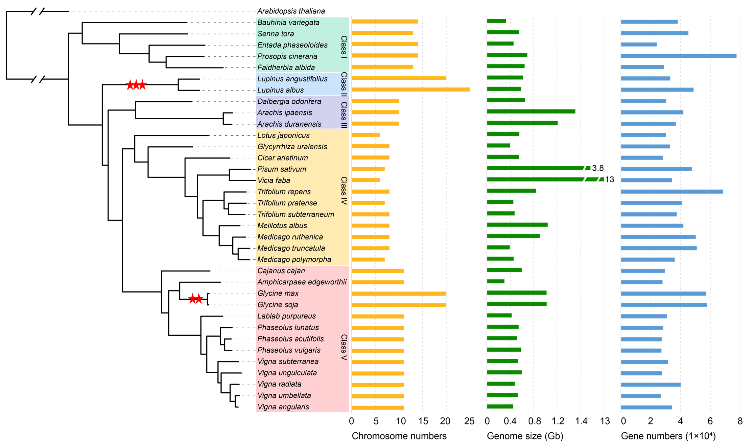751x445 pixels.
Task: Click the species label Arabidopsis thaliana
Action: pyautogui.click(x=291, y=11)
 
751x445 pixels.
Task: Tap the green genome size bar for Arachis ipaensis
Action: pyautogui.click(x=531, y=112)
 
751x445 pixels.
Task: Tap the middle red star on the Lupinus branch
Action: pyautogui.click(x=136, y=85)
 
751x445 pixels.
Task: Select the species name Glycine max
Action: pyautogui.click(x=278, y=293)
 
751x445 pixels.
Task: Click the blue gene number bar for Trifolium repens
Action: pyautogui.click(x=672, y=192)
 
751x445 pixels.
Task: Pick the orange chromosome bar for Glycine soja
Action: pyautogui.click(x=399, y=305)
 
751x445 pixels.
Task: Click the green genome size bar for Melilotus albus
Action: pyautogui.click(x=517, y=225)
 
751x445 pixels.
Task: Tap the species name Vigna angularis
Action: pyautogui.click(x=283, y=407)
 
